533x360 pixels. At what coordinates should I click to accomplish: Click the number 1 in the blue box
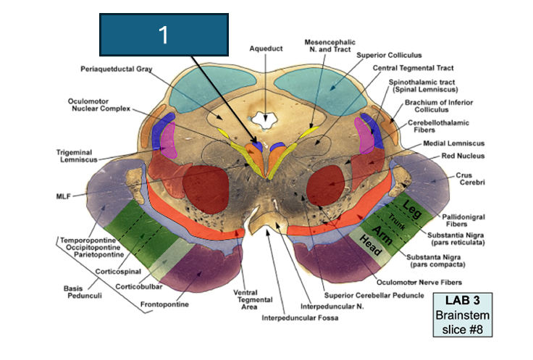coord(164,35)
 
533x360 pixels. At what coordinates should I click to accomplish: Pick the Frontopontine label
coord(164,305)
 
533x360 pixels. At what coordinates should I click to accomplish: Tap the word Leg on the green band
coord(413,204)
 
